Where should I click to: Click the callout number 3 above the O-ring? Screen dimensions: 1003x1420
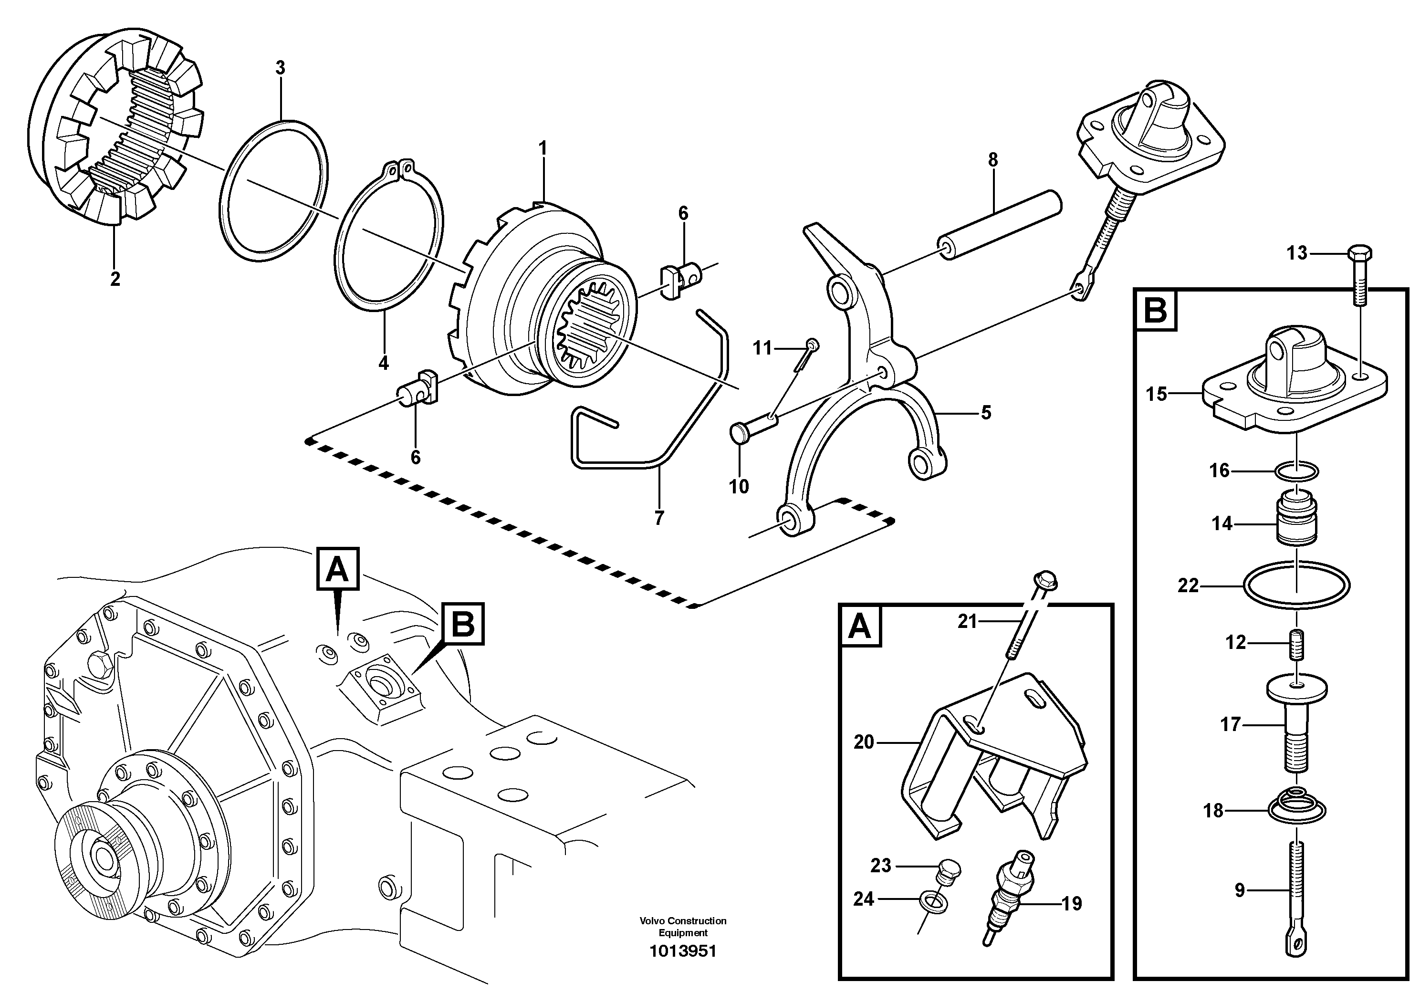click(x=280, y=68)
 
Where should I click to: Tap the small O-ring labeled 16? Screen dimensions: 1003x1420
click(x=1297, y=472)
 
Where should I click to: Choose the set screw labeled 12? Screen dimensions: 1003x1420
click(x=1297, y=643)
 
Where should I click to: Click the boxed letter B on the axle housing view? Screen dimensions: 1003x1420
click(x=463, y=624)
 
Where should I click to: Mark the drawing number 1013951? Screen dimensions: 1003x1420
click(x=683, y=951)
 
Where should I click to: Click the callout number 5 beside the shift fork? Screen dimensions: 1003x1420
click(x=986, y=412)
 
